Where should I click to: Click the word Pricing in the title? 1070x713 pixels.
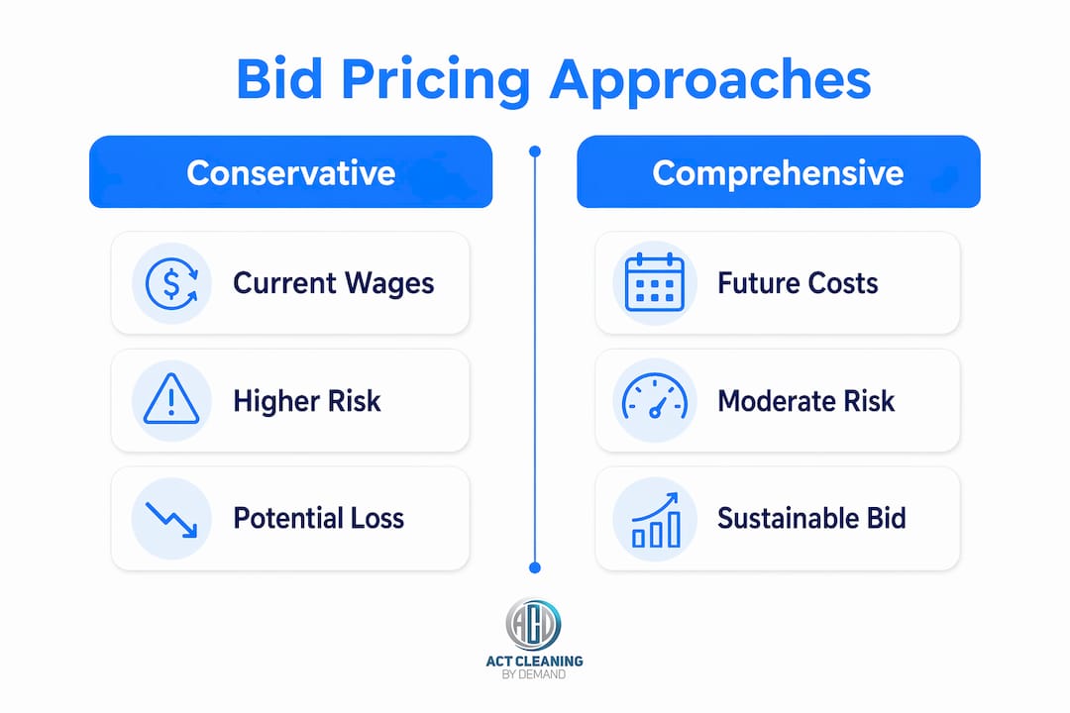(x=435, y=81)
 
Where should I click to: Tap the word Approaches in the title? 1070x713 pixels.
(x=710, y=81)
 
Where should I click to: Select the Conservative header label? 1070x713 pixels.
(x=290, y=172)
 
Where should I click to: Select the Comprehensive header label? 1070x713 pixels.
(x=778, y=173)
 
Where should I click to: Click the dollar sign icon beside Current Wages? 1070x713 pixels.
(x=172, y=283)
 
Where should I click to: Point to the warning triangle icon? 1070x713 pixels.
(x=171, y=399)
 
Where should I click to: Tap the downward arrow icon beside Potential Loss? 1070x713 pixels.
(x=171, y=520)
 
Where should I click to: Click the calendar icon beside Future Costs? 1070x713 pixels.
(x=655, y=282)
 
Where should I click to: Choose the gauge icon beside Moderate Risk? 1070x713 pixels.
(x=655, y=396)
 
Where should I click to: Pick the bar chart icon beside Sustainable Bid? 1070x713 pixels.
(x=656, y=520)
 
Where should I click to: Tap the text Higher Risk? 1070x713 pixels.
(x=307, y=401)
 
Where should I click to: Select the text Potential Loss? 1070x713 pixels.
(x=319, y=519)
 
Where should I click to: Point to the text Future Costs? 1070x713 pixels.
(x=798, y=283)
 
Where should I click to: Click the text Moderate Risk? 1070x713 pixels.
(x=805, y=401)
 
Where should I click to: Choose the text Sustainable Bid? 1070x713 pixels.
(x=811, y=519)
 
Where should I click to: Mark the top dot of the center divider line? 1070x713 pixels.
(x=535, y=152)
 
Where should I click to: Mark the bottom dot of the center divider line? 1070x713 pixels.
(x=535, y=567)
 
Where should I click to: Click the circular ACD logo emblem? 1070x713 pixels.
(x=534, y=624)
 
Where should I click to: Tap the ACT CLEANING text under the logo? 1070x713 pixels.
(x=534, y=662)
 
